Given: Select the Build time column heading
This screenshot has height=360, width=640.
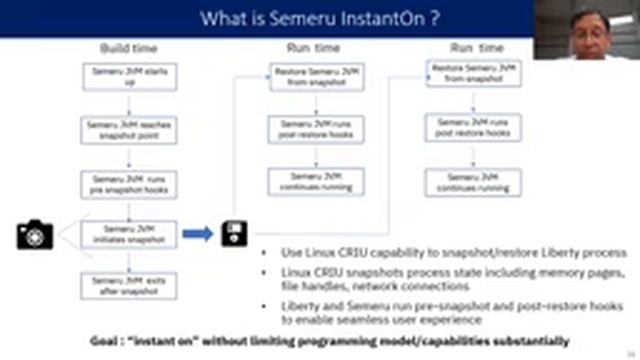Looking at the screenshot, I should pyautogui.click(x=127, y=48).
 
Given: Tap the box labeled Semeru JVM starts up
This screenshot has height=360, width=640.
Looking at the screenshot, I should pyautogui.click(x=115, y=77).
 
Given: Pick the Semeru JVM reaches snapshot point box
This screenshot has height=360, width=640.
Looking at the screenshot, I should pyautogui.click(x=115, y=129).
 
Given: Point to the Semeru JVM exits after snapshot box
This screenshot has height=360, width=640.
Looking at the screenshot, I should pyautogui.click(x=115, y=285).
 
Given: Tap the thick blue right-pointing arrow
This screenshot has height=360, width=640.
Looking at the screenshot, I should pyautogui.click(x=197, y=233).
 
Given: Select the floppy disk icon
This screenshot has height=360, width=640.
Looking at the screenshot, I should pyautogui.click(x=235, y=234).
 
